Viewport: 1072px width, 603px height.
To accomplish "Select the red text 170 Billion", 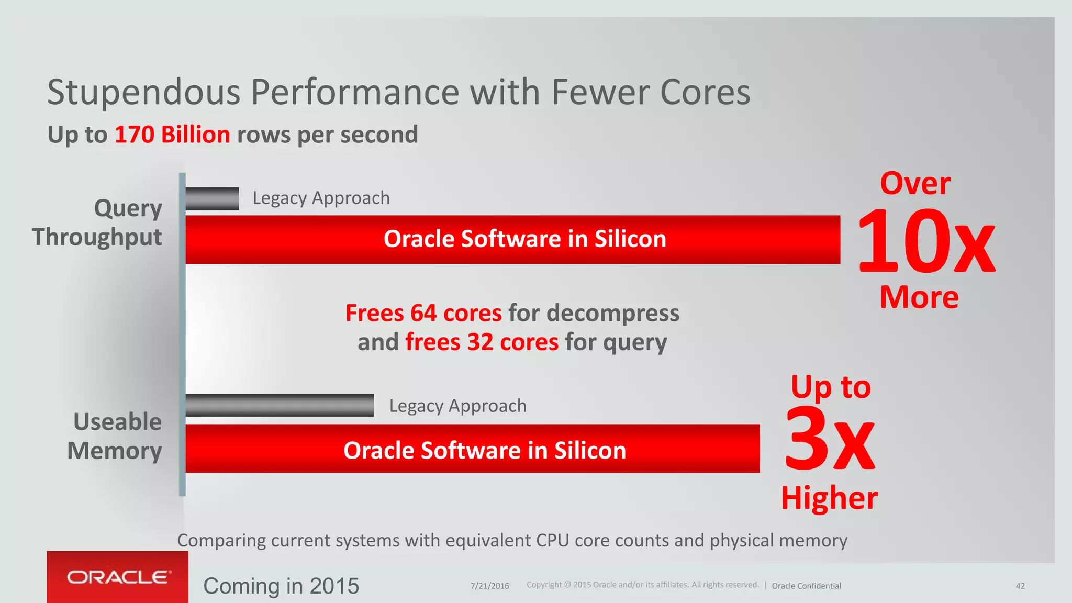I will (172, 135).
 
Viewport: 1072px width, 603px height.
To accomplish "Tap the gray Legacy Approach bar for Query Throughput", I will (212, 199).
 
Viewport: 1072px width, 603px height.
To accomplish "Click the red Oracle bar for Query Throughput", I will (513, 239).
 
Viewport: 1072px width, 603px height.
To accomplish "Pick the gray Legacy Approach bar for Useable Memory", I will (280, 405).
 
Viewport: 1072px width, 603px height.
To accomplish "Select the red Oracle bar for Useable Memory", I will (473, 449).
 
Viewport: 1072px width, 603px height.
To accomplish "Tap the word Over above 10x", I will (915, 184).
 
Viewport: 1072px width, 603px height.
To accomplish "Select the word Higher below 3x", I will (829, 498).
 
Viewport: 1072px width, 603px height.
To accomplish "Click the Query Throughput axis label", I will (97, 222).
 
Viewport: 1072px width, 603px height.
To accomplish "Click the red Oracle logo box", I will (117, 577).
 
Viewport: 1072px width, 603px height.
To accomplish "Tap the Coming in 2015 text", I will (281, 586).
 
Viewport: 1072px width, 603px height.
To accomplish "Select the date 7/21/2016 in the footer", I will (489, 586).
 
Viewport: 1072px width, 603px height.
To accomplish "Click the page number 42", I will (1020, 586).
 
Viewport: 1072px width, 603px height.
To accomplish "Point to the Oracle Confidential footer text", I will (806, 586).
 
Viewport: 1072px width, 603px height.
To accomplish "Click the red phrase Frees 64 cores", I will (423, 313).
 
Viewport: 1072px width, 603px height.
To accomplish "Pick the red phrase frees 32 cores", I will (482, 342).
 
